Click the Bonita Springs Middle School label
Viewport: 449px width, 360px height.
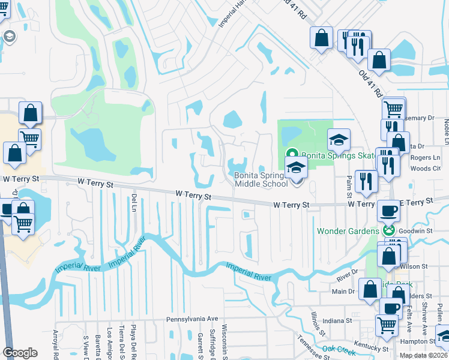(261, 179)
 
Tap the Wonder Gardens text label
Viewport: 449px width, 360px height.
(348, 230)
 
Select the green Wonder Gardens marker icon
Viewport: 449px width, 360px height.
(389, 230)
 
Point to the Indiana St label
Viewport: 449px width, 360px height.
(337, 321)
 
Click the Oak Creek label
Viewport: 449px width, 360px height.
(340, 349)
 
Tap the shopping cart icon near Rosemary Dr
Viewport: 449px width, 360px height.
(393, 109)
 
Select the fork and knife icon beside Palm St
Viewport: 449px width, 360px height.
(366, 181)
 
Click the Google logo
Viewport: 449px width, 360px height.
(20, 352)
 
